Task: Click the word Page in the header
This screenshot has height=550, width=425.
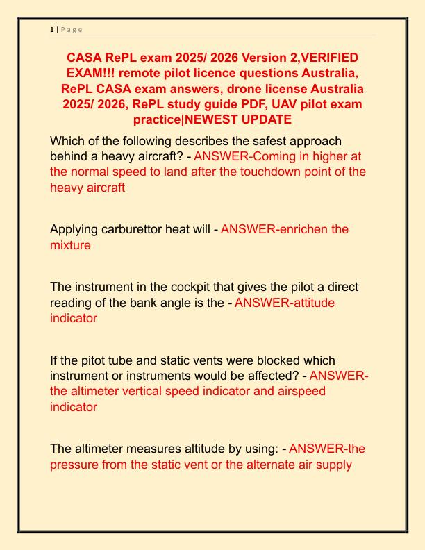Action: pyautogui.click(x=72, y=29)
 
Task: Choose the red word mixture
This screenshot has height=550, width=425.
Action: pyautogui.click(x=70, y=245)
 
